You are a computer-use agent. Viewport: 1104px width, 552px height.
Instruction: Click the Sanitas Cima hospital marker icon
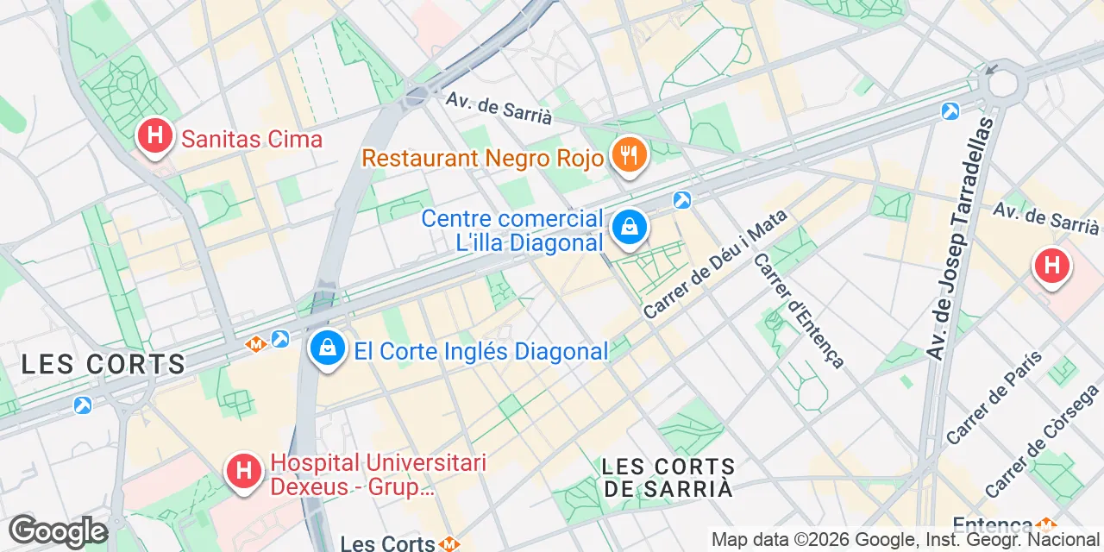tap(155, 136)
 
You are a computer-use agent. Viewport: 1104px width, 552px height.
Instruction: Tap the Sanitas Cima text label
tap(249, 139)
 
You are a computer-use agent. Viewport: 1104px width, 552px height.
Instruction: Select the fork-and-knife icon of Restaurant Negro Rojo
tap(630, 156)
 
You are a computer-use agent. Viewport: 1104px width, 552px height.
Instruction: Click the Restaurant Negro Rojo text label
tap(483, 159)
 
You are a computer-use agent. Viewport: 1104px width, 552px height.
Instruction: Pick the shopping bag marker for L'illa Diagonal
tap(630, 228)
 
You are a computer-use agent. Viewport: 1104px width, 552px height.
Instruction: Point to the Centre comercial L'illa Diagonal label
tap(512, 231)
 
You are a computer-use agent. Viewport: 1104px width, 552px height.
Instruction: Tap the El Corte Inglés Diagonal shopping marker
tap(327, 348)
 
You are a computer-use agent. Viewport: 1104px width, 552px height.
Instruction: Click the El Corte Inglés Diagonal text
tap(481, 351)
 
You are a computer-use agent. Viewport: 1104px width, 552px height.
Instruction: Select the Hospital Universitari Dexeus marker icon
tap(244, 472)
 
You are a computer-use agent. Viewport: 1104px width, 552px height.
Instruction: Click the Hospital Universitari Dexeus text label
tap(378, 475)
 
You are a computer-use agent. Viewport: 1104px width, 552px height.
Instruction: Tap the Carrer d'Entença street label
tap(798, 310)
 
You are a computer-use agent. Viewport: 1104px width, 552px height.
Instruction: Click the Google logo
tap(58, 531)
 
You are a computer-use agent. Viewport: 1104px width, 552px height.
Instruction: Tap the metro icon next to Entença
tap(1047, 524)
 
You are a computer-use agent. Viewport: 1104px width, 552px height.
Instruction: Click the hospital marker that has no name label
tap(1051, 266)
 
